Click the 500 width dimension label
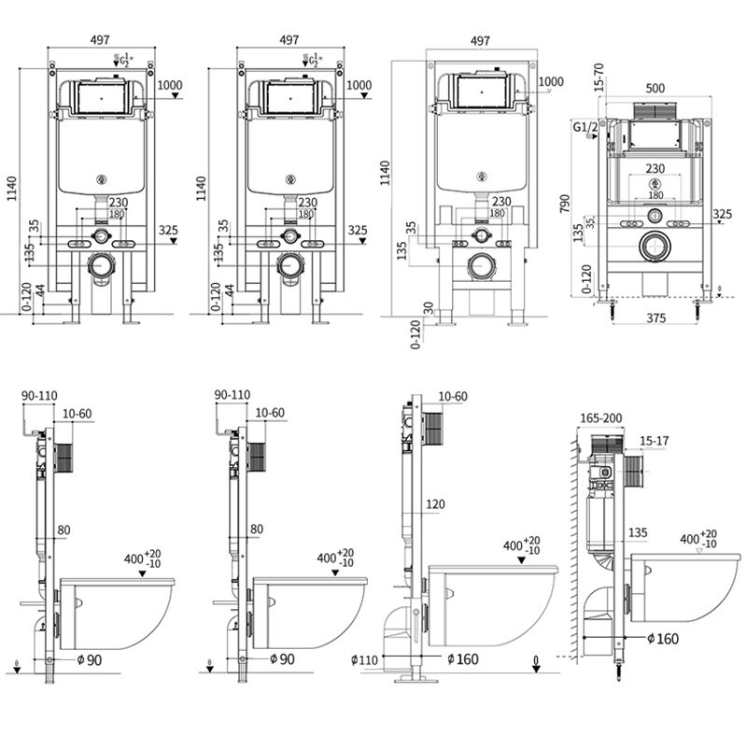point(655,88)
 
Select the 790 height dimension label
point(563,203)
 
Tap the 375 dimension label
point(655,318)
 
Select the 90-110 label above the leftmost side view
point(39,395)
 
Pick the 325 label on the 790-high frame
point(722,214)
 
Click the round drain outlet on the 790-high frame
point(655,247)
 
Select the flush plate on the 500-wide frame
point(655,109)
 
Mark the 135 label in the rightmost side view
point(638,533)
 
